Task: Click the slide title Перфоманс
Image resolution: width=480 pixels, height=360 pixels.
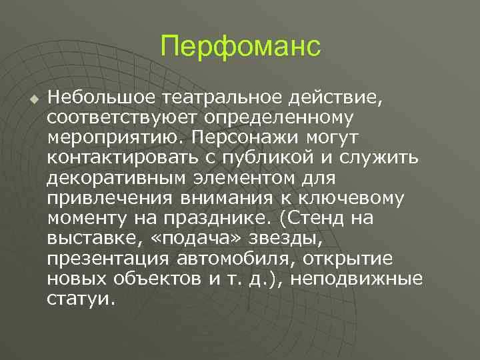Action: click(240, 48)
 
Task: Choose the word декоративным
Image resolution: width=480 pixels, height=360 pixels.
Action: click(118, 179)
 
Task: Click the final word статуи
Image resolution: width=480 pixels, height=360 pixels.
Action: click(78, 299)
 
